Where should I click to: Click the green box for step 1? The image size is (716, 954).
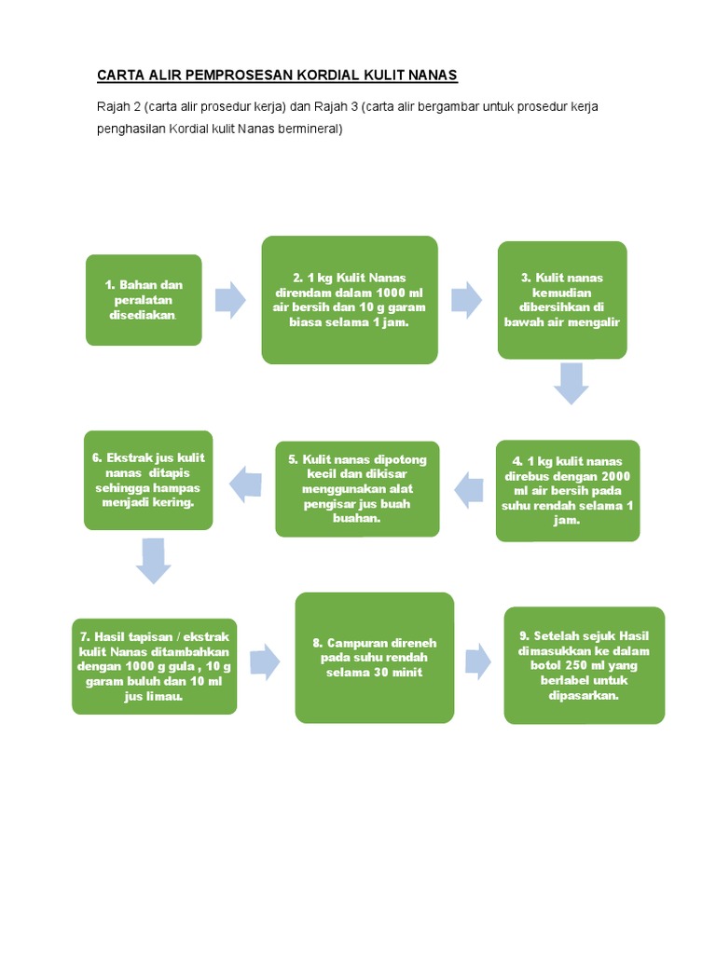pos(144,299)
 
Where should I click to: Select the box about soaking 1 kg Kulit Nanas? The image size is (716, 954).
pos(350,299)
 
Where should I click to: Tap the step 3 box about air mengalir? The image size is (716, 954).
pos(562,299)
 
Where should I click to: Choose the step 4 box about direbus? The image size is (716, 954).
pos(568,490)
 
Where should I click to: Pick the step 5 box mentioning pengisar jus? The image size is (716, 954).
pos(357,488)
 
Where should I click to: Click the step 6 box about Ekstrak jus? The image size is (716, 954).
pos(148,480)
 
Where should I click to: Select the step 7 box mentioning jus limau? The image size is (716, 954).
pos(155,666)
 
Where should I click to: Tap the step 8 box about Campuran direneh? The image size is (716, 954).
pos(374,658)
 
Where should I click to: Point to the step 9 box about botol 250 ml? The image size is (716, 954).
pos(585,665)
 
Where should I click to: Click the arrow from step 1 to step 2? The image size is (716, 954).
pos(230,300)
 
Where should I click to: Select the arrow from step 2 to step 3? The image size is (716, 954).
pos(466,300)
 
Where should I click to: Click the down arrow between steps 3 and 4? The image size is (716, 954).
pos(571,382)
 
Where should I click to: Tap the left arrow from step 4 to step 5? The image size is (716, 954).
pos(468,489)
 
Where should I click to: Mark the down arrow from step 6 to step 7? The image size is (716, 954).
pos(154,560)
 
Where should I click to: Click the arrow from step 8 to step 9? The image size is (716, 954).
pos(478,660)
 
